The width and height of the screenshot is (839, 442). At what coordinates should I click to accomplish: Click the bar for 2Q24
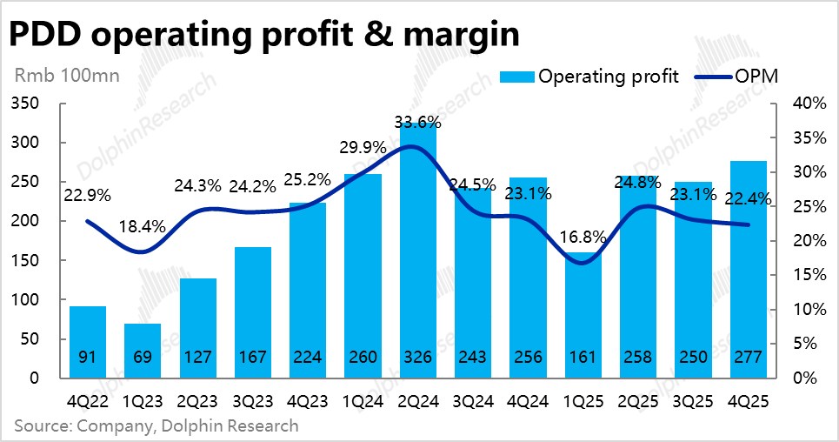click(x=418, y=252)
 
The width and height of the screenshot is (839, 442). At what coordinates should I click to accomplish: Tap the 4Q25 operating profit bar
click(x=749, y=270)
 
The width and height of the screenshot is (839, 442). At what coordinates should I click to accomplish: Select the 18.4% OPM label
click(x=142, y=227)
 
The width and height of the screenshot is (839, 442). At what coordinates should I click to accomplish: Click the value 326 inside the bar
click(x=418, y=357)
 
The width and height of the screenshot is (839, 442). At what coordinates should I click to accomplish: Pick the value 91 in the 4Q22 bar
click(x=88, y=357)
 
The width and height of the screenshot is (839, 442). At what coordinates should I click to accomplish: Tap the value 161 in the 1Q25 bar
click(x=583, y=357)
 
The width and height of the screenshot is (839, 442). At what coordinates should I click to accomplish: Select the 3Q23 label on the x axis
click(x=253, y=403)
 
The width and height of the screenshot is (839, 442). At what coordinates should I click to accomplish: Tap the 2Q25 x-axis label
click(x=638, y=403)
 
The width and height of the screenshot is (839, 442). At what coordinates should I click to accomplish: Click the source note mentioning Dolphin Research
click(x=156, y=426)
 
